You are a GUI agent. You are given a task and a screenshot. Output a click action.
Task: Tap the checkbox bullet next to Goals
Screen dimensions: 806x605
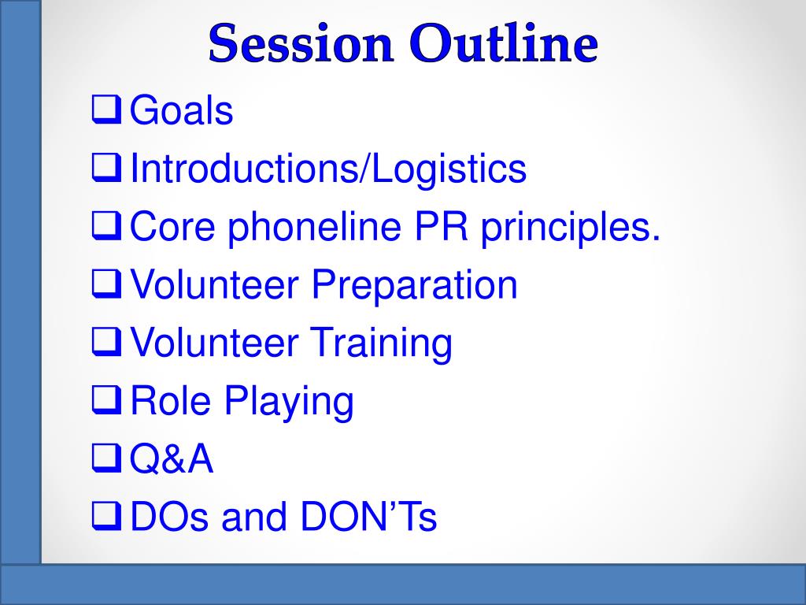[107, 109]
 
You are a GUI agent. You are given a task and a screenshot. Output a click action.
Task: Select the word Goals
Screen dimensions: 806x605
[182, 110]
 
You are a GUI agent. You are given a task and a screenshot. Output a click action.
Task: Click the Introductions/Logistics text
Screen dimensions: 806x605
[328, 168]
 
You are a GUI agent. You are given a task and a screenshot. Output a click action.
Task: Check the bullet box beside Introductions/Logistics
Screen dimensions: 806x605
[107, 168]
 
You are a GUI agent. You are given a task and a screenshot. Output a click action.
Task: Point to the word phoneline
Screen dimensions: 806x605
[315, 226]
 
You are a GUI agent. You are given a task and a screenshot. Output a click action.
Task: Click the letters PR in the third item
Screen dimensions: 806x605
[442, 226]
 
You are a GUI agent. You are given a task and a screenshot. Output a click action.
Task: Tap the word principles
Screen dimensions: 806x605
[571, 226]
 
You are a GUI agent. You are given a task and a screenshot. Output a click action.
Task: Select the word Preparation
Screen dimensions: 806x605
[414, 284]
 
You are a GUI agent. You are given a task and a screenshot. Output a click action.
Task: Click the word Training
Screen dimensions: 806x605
[381, 343]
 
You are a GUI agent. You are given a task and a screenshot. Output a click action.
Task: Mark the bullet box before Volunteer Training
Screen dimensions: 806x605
[107, 342]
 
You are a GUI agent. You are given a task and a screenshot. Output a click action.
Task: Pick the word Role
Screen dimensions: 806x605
[171, 400]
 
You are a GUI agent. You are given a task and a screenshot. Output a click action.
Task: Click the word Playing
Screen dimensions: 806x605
[289, 401]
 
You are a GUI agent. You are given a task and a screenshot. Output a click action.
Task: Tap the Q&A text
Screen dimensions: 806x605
[171, 458]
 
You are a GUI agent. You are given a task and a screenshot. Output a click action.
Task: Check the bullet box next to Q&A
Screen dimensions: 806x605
[107, 458]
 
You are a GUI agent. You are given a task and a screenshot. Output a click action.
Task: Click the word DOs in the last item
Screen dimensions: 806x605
[170, 517]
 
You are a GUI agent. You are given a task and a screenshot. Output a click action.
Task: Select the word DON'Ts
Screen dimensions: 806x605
[368, 517]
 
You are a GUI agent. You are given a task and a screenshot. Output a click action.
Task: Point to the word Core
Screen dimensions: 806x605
[172, 226]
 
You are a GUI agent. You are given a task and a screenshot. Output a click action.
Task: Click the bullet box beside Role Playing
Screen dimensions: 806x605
[107, 400]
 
